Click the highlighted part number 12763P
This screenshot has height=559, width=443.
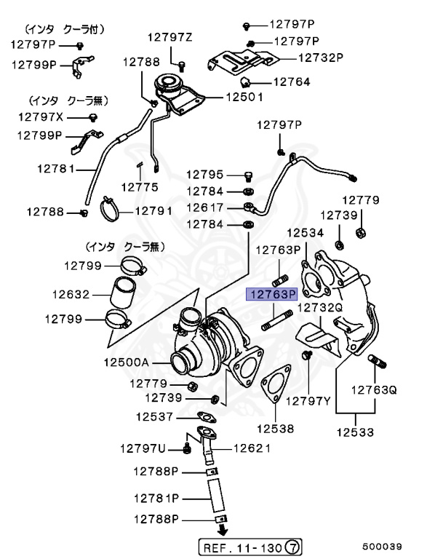[272, 295]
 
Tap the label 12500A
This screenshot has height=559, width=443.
[126, 362]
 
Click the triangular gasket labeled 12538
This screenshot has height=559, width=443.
[271, 386]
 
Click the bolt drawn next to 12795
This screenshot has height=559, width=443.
[247, 175]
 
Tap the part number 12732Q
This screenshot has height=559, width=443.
[319, 307]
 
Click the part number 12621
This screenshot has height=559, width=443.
[252, 449]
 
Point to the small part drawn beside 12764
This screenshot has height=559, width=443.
[244, 80]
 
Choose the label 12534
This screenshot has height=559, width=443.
[304, 233]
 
